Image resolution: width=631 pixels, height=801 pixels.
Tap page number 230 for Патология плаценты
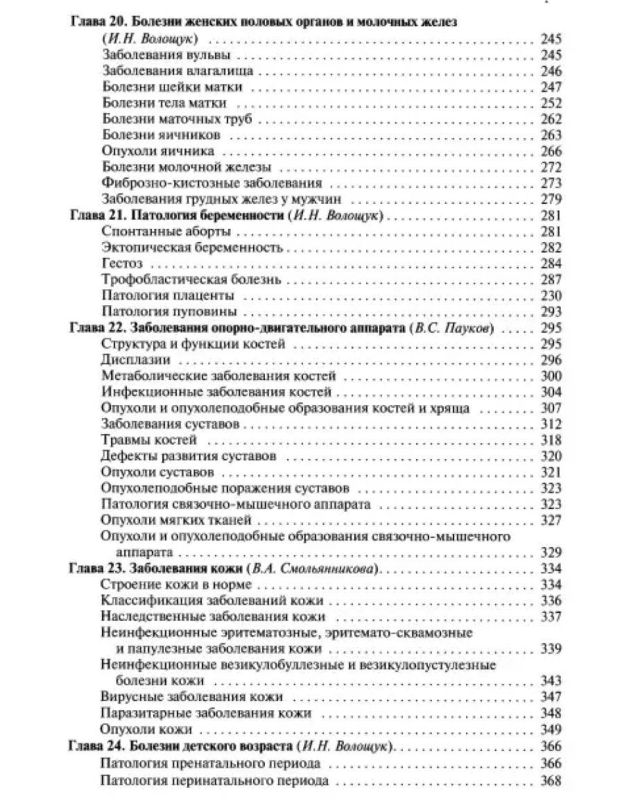(x=550, y=295)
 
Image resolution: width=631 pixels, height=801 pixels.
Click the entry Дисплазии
(x=136, y=361)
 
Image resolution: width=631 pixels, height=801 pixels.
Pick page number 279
(x=550, y=200)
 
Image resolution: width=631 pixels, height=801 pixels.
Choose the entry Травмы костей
(x=149, y=440)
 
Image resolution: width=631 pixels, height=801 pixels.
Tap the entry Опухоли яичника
(x=158, y=151)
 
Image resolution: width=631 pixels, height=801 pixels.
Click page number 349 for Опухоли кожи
(x=550, y=730)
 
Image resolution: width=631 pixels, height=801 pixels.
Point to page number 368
(x=550, y=781)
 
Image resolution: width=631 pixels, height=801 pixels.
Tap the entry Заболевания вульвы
(x=166, y=55)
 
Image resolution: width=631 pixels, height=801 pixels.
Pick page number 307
(x=550, y=408)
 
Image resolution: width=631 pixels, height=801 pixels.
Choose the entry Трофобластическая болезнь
(x=191, y=279)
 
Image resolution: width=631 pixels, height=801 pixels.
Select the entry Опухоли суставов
(x=157, y=472)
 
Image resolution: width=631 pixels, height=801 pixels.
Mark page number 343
(x=550, y=681)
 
